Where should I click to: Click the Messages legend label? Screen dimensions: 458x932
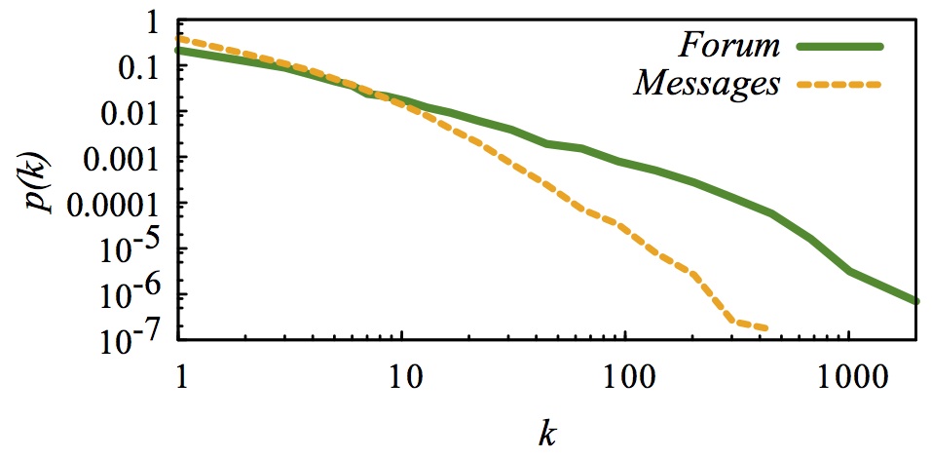[707, 84]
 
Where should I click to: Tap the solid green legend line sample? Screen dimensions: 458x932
[839, 46]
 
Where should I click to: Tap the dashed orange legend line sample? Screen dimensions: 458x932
[839, 85]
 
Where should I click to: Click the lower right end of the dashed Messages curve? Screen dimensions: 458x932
[765, 328]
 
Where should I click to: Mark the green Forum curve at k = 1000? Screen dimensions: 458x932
[848, 270]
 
